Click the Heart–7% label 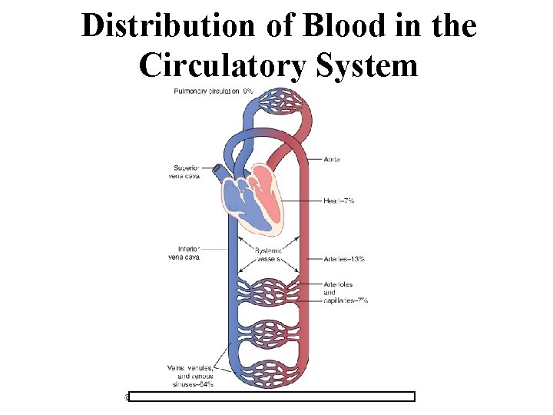tap(339, 200)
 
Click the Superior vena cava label tap(186, 171)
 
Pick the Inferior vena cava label tap(184, 253)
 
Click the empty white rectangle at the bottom tap(271, 397)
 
